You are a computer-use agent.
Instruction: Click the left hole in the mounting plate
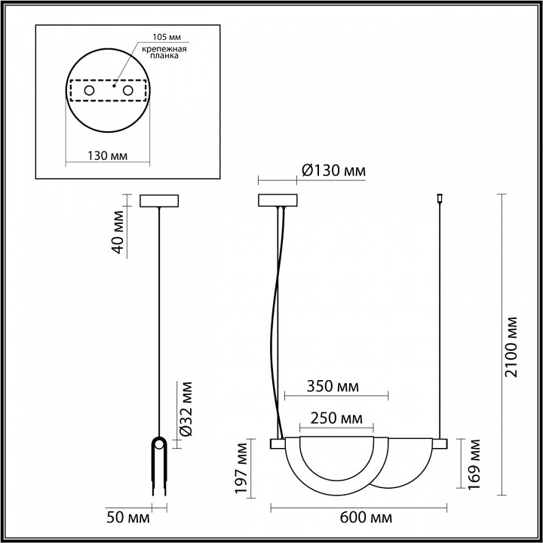90,91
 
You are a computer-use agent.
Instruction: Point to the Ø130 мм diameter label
333,171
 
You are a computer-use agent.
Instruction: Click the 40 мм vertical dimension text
118,235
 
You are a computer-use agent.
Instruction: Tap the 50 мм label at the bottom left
128,519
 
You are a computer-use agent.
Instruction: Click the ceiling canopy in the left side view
159,201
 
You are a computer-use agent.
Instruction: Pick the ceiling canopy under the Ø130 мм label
278,201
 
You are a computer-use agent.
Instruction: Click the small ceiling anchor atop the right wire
439,200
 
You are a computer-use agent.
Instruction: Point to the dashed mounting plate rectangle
109,91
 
